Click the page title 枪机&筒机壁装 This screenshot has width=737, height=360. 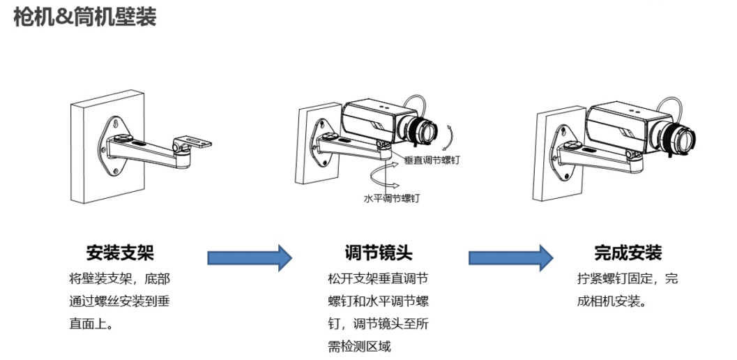[85, 17]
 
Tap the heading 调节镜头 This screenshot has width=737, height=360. [379, 252]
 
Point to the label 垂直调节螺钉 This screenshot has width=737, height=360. [432, 160]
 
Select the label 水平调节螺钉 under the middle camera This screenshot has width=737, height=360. [392, 198]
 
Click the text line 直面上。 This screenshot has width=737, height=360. [92, 324]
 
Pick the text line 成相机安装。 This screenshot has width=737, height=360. [611, 302]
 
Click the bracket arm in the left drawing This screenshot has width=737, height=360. [150, 151]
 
